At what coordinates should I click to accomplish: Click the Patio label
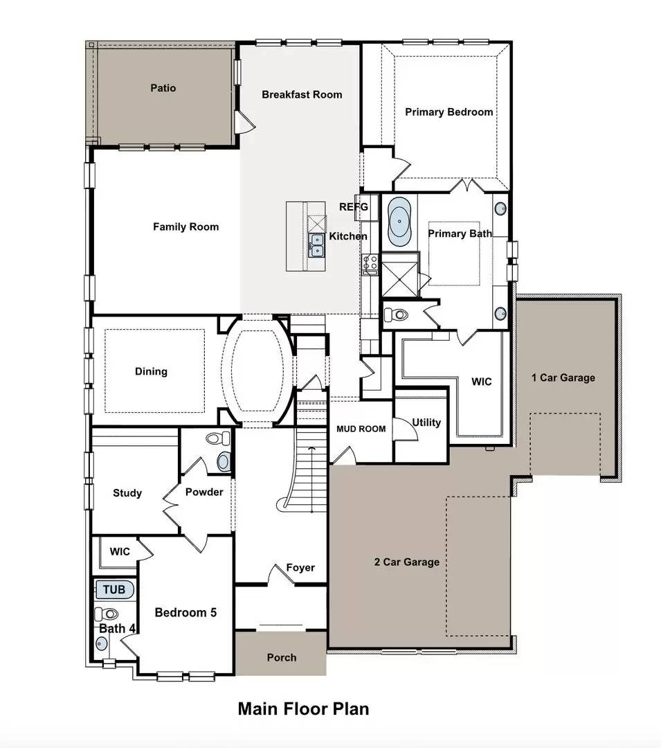[163, 88]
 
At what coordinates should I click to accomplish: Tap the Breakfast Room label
[302, 94]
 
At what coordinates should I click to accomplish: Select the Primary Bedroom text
[449, 112]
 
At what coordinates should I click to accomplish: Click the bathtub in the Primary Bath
[399, 222]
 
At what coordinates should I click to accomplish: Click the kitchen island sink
[316, 244]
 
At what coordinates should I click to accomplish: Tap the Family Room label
[185, 226]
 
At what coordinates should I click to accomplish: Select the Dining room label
[151, 371]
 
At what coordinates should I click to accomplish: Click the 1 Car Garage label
[563, 377]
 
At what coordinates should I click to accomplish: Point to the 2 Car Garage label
[406, 562]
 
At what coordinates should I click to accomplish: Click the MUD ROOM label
[361, 429]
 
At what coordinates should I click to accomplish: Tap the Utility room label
[426, 422]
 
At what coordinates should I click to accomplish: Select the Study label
[127, 493]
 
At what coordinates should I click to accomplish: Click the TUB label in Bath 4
[115, 589]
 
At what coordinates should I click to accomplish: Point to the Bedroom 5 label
[185, 612]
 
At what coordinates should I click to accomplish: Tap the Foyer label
[300, 567]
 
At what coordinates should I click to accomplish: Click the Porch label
[282, 657]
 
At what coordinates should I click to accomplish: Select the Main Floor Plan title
[303, 709]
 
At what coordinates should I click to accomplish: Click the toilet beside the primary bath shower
[397, 314]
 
